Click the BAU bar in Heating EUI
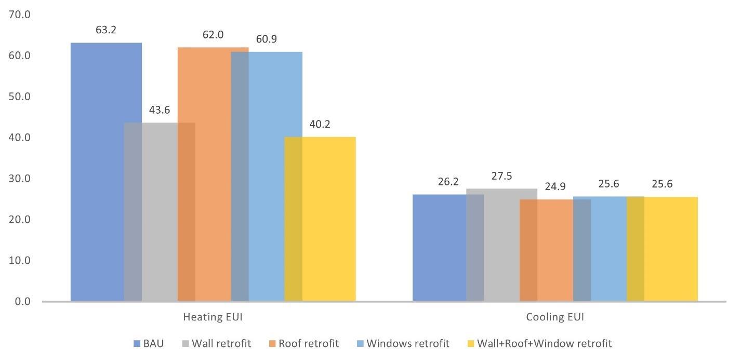pos(97,171)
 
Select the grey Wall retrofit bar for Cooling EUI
pos(501,245)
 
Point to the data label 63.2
pos(106,30)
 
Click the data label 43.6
pos(160,110)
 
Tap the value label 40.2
pos(320,125)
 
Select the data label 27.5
pos(501,176)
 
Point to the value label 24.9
pos(555,187)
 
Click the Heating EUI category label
pos(213,317)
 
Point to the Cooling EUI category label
pos(555,317)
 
